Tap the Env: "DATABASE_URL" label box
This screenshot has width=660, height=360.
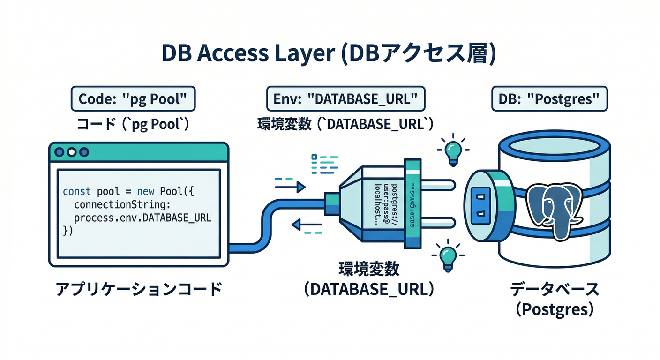click(x=345, y=99)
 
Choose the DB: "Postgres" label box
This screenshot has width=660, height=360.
click(x=549, y=99)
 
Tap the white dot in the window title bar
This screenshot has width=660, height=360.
click(x=71, y=152)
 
